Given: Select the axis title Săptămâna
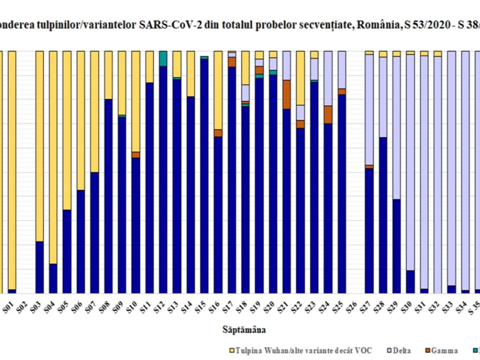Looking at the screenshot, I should click(244, 330).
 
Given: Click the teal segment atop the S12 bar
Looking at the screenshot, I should click(163, 58).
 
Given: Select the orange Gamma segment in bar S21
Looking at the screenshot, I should click(286, 94).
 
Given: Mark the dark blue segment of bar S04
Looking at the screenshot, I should click(53, 278).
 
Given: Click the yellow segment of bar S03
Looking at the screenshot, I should click(40, 146).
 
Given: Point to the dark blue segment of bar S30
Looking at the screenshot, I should click(410, 282).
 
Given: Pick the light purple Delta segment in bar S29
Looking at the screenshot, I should click(396, 128).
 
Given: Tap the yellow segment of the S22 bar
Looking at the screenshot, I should click(300, 78).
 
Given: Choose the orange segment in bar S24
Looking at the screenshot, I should click(328, 114).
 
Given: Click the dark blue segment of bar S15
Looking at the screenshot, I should click(204, 176).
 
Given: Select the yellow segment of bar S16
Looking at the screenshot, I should click(218, 90).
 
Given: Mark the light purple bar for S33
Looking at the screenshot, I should click(452, 168).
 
